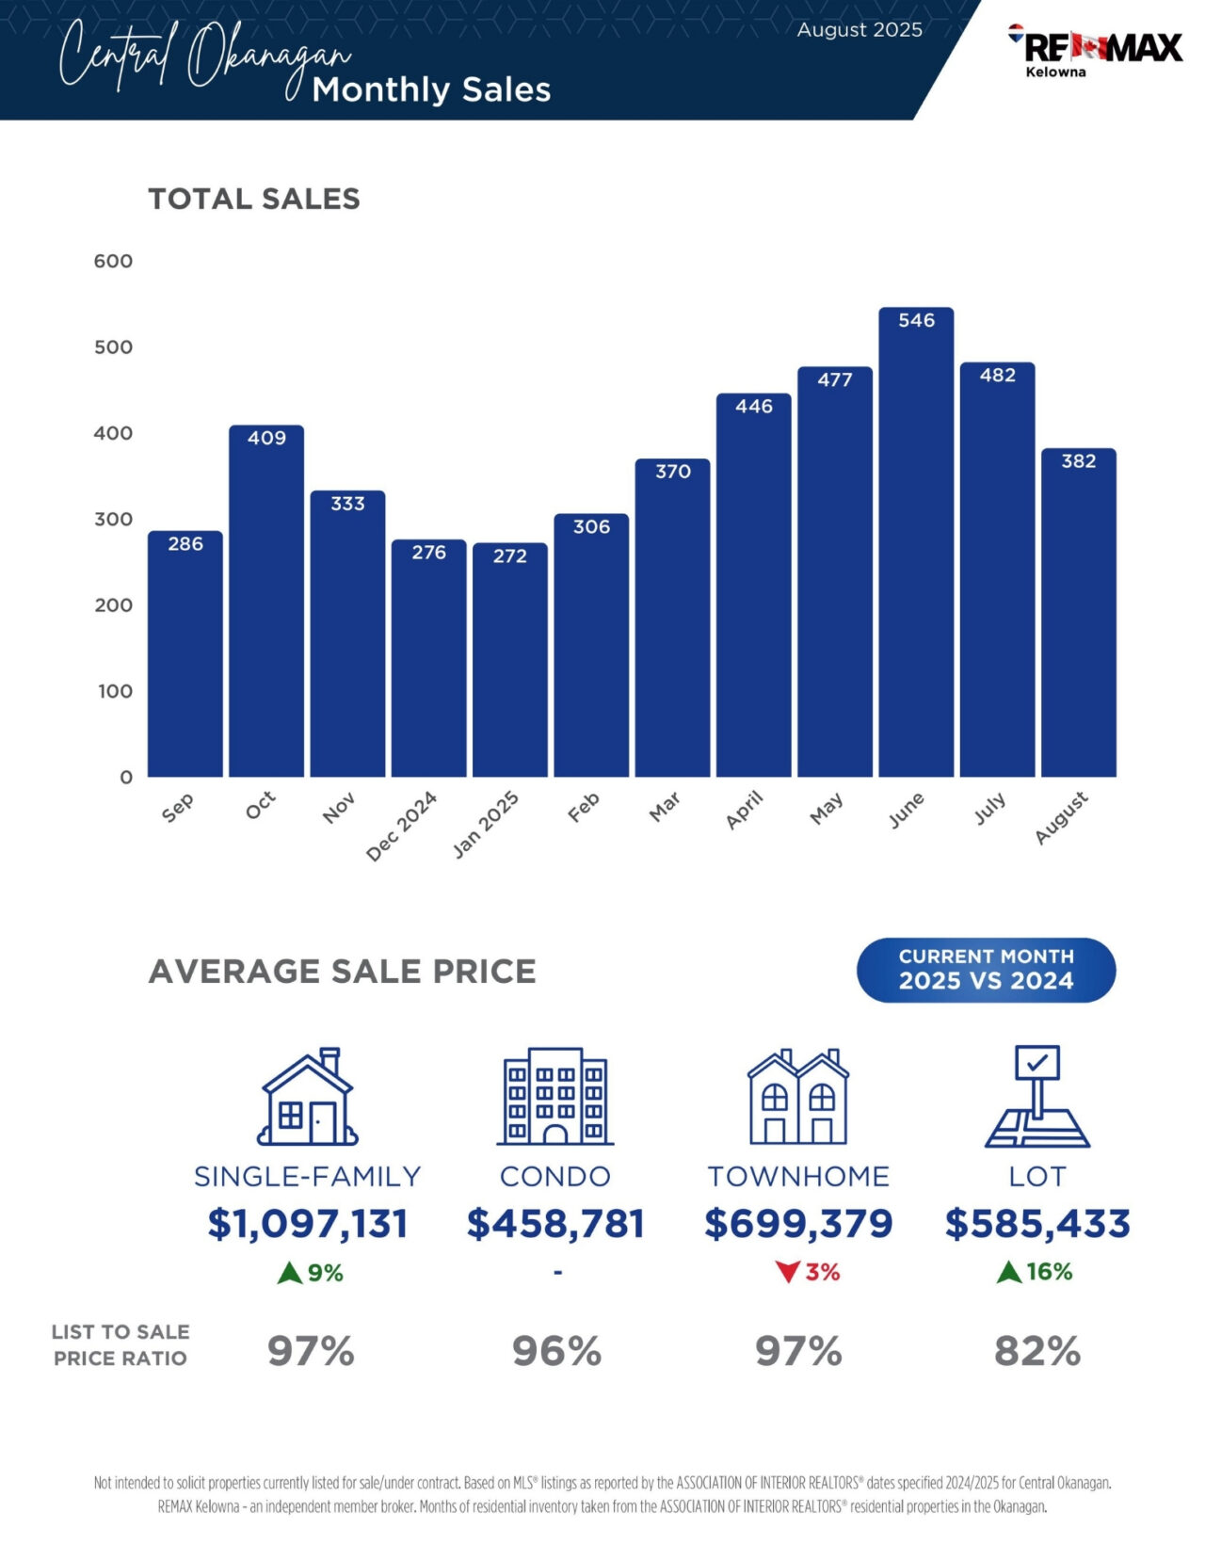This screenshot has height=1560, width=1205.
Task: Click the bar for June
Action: click(x=916, y=546)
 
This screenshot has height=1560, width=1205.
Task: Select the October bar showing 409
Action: click(x=266, y=603)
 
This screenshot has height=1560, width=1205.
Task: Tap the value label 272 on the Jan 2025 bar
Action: click(x=509, y=555)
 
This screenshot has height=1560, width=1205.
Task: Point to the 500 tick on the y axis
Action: click(x=113, y=346)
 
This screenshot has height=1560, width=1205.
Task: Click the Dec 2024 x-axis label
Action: click(x=402, y=826)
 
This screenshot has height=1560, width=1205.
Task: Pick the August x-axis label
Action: click(x=1062, y=817)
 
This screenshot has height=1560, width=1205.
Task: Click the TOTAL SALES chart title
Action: click(x=254, y=199)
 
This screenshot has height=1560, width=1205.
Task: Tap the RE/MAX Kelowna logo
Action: click(x=1095, y=51)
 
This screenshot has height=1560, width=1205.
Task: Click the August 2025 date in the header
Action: click(x=860, y=29)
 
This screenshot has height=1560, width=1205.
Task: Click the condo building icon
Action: click(x=555, y=1097)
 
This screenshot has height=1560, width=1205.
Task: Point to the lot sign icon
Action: click(x=1037, y=1097)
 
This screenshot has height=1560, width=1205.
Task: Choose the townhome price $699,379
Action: click(x=798, y=1223)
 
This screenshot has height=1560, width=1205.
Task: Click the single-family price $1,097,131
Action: click(x=308, y=1223)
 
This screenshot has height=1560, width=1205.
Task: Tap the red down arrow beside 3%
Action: click(x=787, y=1273)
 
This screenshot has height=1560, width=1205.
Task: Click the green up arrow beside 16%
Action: click(x=1009, y=1273)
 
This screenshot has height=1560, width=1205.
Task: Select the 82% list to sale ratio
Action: click(x=1037, y=1352)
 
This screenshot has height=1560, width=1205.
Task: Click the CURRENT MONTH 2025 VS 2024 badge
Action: click(x=986, y=970)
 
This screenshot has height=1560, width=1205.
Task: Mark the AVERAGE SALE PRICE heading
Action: click(x=343, y=971)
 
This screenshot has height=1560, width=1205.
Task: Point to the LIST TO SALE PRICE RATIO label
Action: click(x=120, y=1344)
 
